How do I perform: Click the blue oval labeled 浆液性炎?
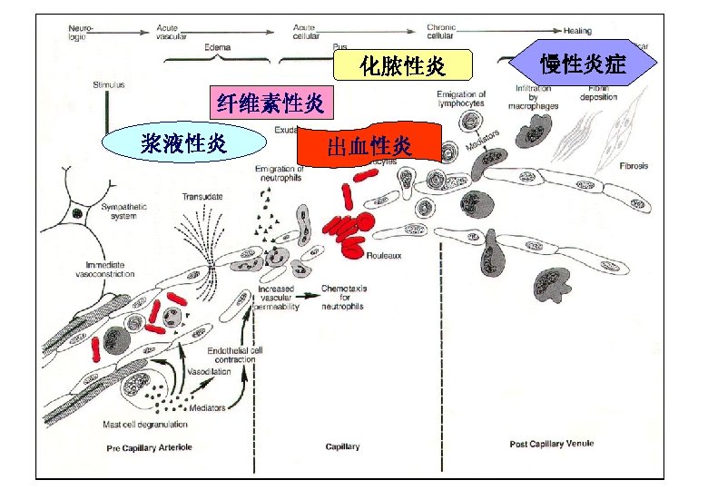tap(183, 142)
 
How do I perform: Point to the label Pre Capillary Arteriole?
tap(150, 447)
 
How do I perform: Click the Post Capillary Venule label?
tap(552, 443)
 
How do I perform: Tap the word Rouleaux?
tap(385, 255)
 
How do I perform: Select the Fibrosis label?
tap(634, 166)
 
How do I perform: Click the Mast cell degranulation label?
tap(146, 424)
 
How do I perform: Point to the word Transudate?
tap(202, 197)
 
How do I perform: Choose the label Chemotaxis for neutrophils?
tap(344, 297)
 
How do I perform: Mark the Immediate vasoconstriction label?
tap(103, 269)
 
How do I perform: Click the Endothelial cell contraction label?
tap(233, 354)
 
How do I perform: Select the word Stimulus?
tap(108, 84)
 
